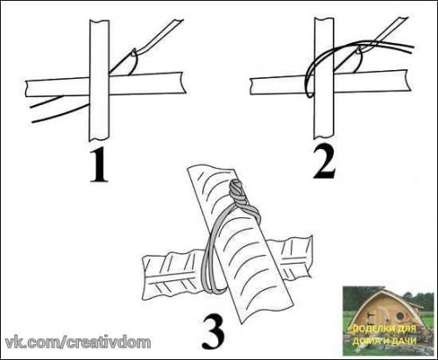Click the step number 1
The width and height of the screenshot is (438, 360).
coord(99,166)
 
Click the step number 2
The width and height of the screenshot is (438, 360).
coord(324,163)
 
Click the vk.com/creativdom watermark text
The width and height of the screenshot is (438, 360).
coord(78,342)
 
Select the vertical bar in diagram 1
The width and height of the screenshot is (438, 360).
coord(100,80)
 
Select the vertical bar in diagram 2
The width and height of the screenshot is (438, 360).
coord(324,78)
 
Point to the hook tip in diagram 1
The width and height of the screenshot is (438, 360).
coord(134,53)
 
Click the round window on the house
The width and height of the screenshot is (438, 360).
coord(401,315)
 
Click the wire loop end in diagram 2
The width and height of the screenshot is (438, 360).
coord(309,94)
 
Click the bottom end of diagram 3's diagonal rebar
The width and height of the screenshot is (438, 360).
coord(267,313)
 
